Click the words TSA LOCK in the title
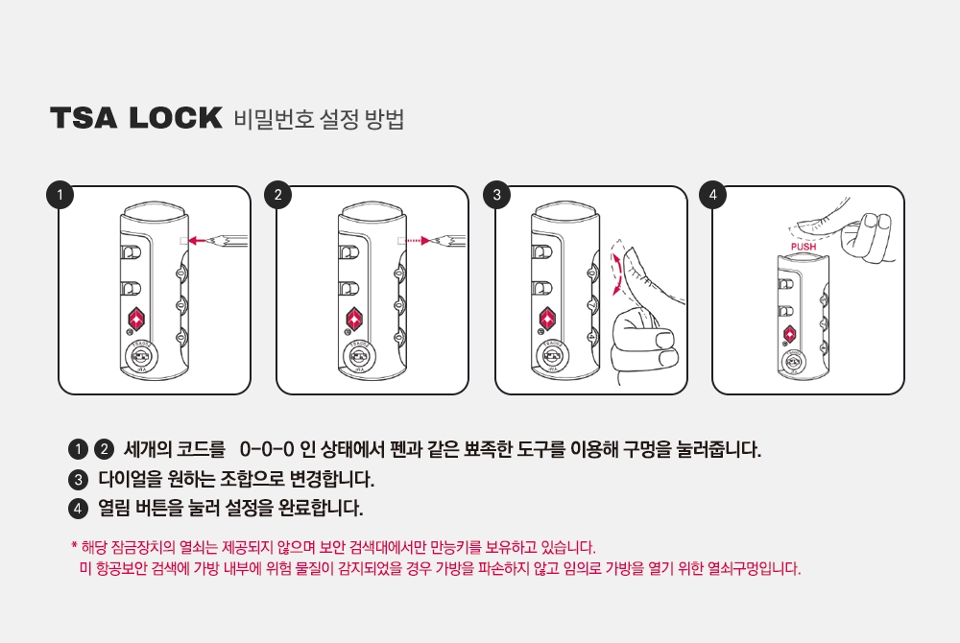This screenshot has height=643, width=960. [x=136, y=118]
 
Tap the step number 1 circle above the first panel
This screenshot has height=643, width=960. [x=60, y=195]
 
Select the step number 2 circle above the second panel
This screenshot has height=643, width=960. [x=278, y=195]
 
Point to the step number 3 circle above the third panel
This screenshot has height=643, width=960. [x=496, y=195]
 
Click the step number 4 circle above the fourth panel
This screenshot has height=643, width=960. [x=712, y=195]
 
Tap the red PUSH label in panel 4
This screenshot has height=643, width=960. [x=804, y=247]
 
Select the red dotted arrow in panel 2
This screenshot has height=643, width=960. [x=419, y=241]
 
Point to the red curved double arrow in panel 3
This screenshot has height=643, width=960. [x=617, y=274]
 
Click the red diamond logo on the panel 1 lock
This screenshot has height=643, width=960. [x=136, y=320]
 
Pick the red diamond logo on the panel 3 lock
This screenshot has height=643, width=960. [x=547, y=320]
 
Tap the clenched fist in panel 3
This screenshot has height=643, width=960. [x=644, y=346]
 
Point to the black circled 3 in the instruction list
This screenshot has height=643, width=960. [x=78, y=479]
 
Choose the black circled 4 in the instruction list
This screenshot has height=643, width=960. [x=78, y=509]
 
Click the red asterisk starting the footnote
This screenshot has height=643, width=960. [x=74, y=544]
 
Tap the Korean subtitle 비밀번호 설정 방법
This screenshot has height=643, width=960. [x=319, y=119]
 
